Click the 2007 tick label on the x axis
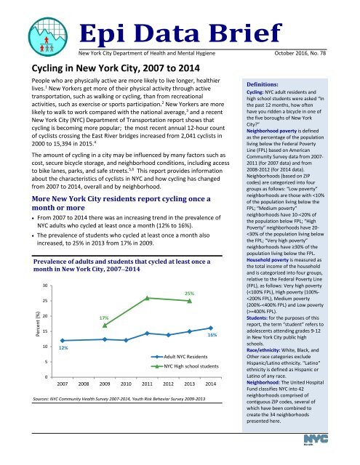coord(63,383)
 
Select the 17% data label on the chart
coord(104,318)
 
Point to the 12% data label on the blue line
coord(63,347)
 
